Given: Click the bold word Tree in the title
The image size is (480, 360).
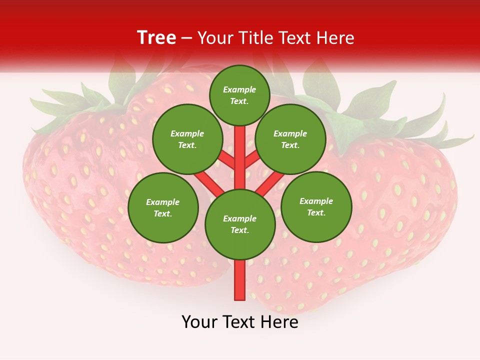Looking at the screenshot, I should click(x=156, y=37).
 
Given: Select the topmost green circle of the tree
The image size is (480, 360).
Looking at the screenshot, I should click(x=239, y=95).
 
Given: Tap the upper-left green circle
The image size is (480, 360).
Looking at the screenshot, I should click(x=187, y=139).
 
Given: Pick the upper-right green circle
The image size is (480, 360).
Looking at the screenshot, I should click(x=290, y=139).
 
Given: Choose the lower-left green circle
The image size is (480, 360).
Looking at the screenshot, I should click(x=162, y=207).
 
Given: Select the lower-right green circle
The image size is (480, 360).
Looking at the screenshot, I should click(x=316, y=206).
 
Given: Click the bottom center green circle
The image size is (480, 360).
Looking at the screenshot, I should click(x=240, y=224).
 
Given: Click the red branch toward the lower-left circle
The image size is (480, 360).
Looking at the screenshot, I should click(x=208, y=182).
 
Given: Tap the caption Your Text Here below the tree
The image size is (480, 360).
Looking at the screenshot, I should click(x=240, y=322).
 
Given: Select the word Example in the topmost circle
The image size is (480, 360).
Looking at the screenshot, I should click(x=239, y=89).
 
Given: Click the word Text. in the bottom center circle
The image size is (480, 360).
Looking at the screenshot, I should click(x=239, y=230).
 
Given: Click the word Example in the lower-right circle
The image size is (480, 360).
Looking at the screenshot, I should click(x=316, y=201).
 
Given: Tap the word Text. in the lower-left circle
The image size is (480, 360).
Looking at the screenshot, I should click(x=162, y=213).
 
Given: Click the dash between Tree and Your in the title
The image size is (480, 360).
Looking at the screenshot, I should click(x=187, y=38).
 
